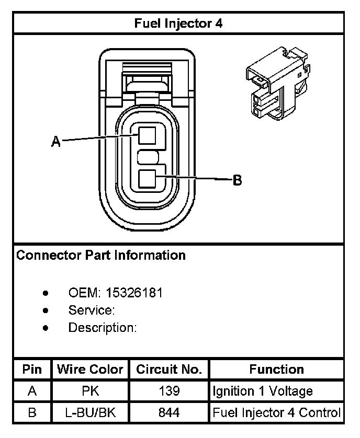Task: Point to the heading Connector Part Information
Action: tap(101, 256)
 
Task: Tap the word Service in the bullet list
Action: tap(91, 310)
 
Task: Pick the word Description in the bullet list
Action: tap(102, 328)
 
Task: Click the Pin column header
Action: tap(32, 370)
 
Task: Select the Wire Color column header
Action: tap(90, 370)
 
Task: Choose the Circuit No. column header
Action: tap(169, 370)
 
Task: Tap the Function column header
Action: tap(276, 370)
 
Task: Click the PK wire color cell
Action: tap(90, 391)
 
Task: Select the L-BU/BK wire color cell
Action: tap(90, 413)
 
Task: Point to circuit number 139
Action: tap(169, 391)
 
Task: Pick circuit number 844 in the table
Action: tap(169, 413)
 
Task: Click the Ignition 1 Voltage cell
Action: tap(262, 391)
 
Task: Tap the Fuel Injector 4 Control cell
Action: tap(276, 413)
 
